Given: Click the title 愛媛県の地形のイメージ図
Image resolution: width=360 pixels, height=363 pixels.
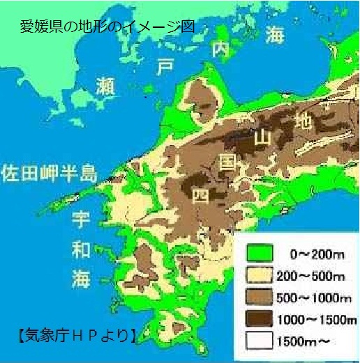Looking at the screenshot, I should [107, 28].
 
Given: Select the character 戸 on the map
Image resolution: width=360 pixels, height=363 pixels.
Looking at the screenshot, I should [165, 67].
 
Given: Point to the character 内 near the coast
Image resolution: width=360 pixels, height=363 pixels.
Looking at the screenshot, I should [221, 48].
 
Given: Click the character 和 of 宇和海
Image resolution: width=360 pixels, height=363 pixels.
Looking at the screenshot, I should [82, 249].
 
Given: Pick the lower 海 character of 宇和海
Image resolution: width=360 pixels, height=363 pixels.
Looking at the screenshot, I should [82, 279].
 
